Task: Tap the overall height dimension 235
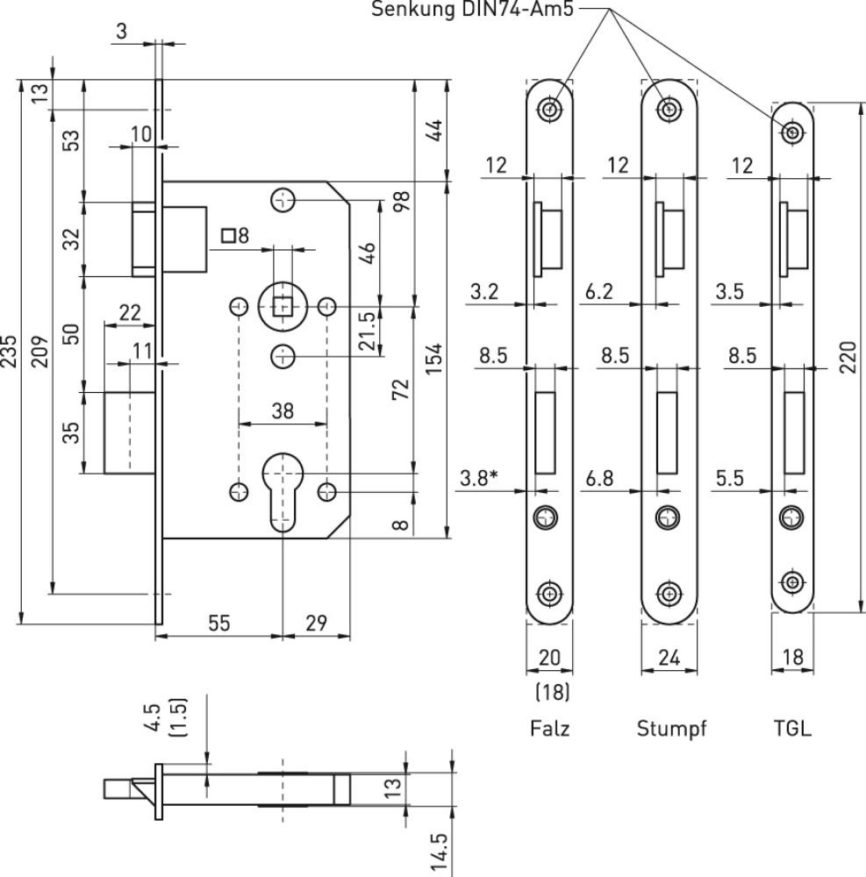click(10, 350)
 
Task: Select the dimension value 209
click(39, 350)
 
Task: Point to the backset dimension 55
click(218, 623)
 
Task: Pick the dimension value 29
click(317, 623)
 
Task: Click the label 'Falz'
click(549, 729)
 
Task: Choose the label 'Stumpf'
click(671, 729)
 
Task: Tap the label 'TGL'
click(793, 729)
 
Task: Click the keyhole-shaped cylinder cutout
click(283, 491)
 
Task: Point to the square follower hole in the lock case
click(283, 307)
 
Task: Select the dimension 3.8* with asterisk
click(478, 479)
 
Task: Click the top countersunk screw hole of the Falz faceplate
click(549, 110)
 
